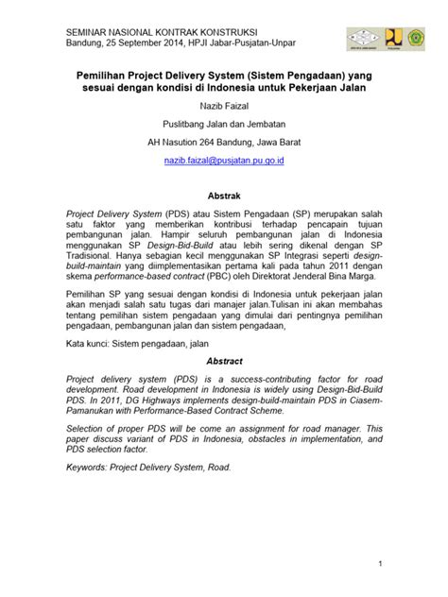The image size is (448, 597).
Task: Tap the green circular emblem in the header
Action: (417, 37)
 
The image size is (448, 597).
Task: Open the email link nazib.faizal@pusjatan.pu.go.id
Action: (224, 162)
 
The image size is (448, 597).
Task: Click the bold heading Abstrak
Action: (224, 191)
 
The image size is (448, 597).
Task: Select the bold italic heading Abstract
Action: (224, 361)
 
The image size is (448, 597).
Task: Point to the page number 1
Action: (378, 564)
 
